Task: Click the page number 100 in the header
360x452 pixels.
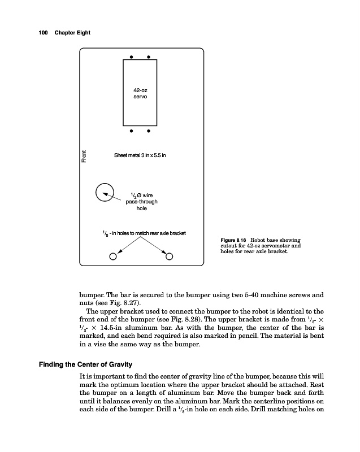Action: (42, 33)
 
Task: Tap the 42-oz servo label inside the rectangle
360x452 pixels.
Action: (140, 94)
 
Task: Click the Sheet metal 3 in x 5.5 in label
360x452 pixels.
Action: (140, 155)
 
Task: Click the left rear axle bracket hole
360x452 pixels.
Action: (113, 256)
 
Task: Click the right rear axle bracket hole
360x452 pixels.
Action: (169, 256)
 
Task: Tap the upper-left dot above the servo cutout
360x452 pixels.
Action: (131, 57)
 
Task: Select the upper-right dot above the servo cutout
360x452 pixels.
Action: (149, 57)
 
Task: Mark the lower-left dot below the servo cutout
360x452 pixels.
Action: (131, 132)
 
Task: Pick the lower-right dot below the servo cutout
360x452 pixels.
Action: (149, 132)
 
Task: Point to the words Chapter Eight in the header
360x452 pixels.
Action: (72, 33)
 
